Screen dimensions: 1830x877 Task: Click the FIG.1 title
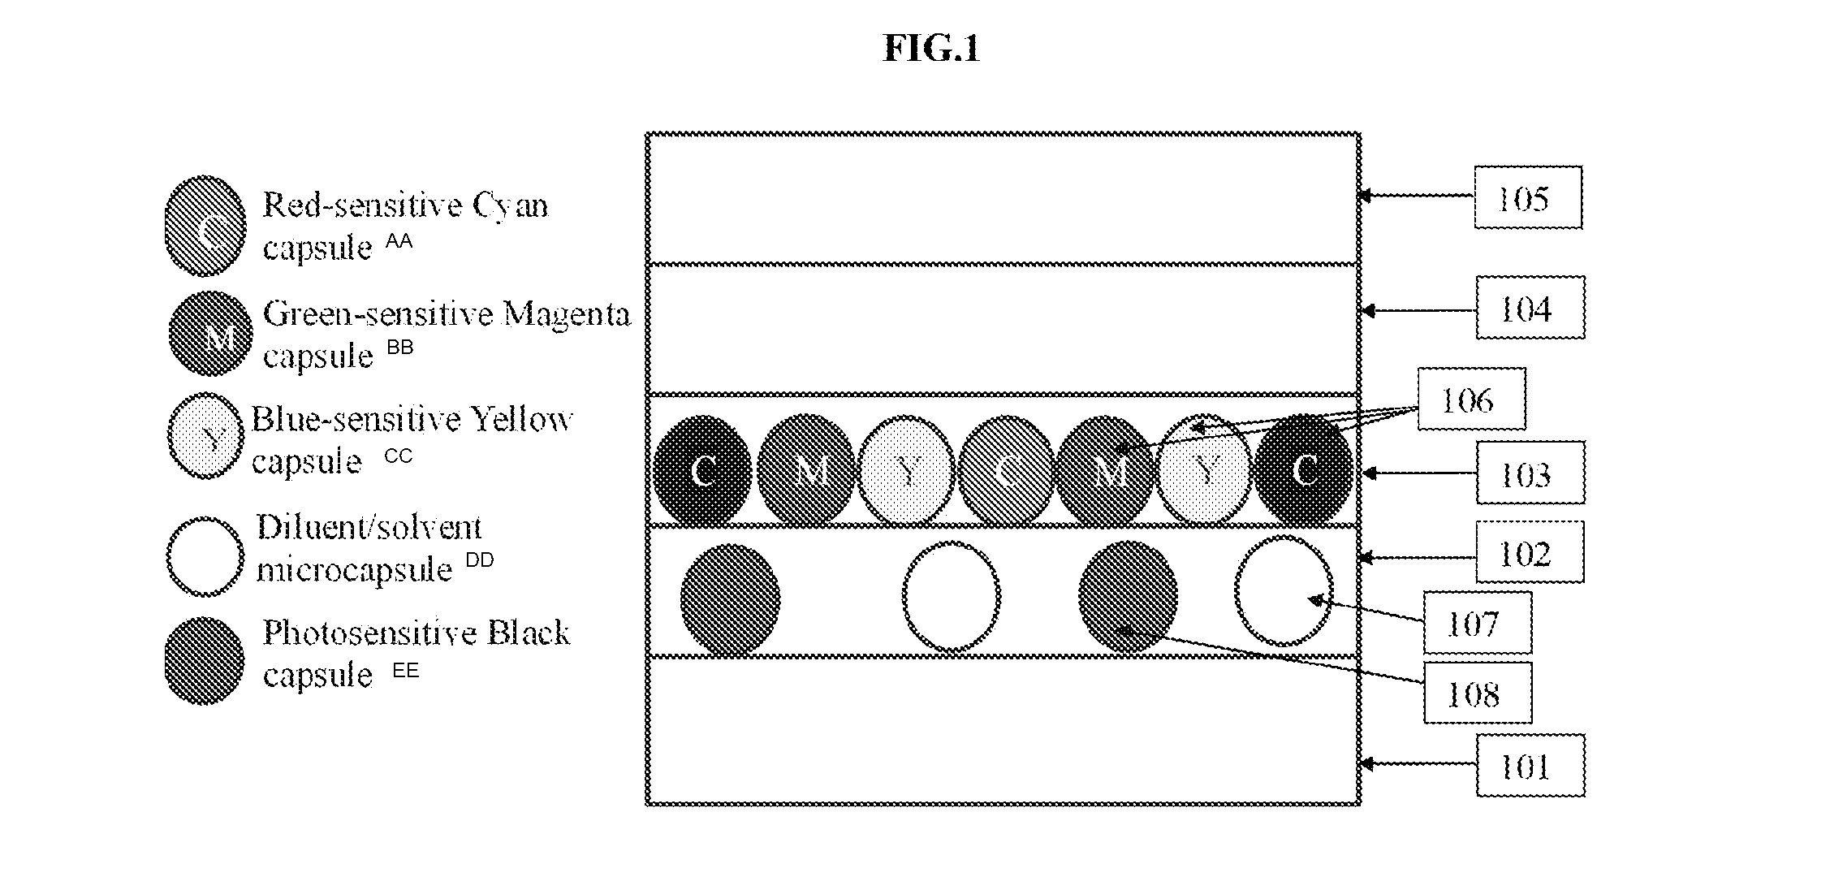tap(931, 49)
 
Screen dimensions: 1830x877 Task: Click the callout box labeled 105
tap(1528, 197)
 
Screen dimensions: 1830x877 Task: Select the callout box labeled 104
tap(1530, 308)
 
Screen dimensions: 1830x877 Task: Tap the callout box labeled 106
tap(1471, 399)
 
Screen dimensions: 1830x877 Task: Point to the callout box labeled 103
tap(1530, 473)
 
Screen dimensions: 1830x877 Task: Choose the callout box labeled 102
tap(1530, 552)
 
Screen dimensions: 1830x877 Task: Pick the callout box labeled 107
tap(1478, 623)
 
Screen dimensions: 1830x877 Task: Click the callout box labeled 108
tap(1478, 693)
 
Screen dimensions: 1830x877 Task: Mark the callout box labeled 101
tap(1530, 766)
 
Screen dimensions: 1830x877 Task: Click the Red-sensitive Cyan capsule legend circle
tap(205, 226)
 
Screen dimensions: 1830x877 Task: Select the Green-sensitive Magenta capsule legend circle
tap(209, 334)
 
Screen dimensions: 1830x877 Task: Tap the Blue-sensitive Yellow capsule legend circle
tap(205, 437)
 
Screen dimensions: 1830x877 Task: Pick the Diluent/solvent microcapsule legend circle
tap(205, 557)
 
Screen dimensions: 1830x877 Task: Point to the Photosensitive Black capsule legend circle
tap(205, 660)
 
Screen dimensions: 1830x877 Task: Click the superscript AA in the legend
tap(399, 241)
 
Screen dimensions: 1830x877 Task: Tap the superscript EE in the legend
tap(406, 671)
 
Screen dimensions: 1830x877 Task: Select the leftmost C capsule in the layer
tap(703, 469)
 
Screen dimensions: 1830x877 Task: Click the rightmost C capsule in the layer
tap(1304, 469)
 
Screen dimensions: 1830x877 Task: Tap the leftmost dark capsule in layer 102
tap(731, 599)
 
